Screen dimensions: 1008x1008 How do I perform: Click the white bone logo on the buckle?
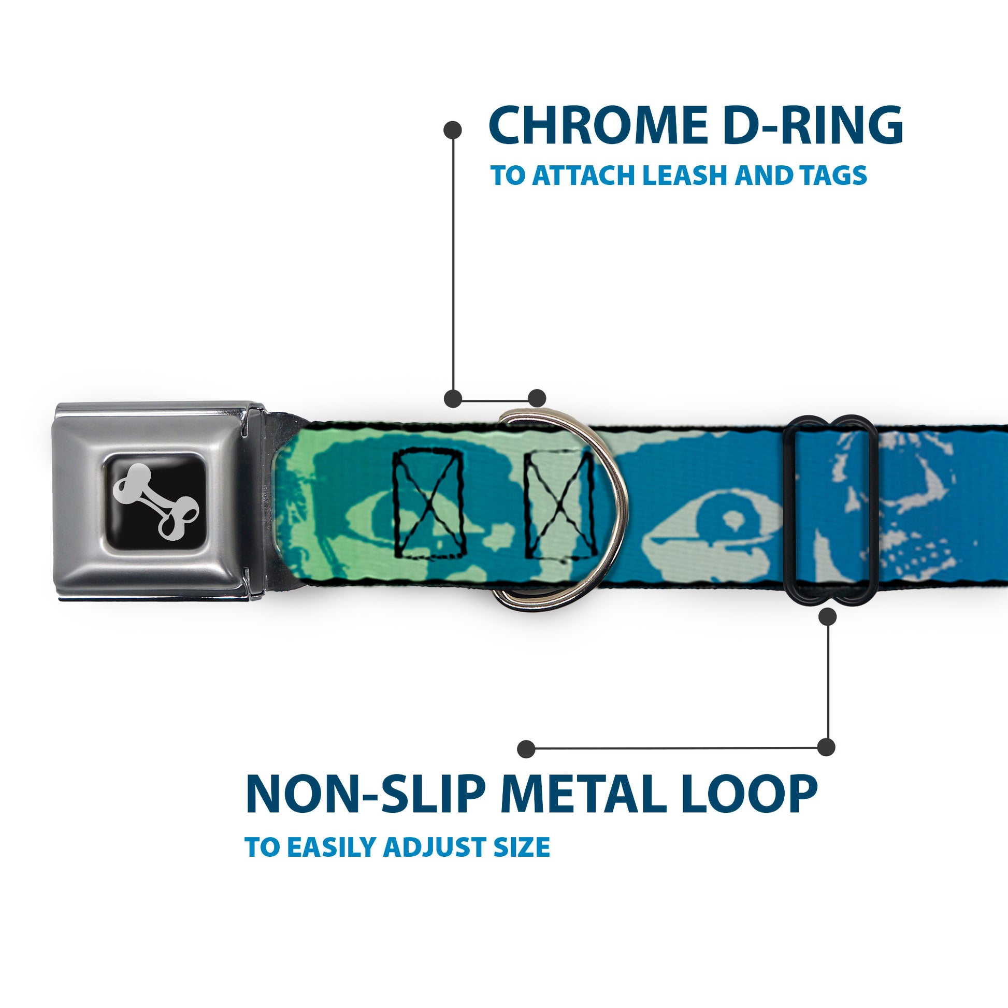(156, 502)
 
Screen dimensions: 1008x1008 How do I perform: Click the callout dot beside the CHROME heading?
(452, 130)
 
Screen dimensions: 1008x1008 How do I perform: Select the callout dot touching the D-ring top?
(537, 398)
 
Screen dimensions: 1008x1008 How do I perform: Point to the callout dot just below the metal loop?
(827, 617)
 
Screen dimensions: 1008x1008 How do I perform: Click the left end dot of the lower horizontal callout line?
(526, 748)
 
